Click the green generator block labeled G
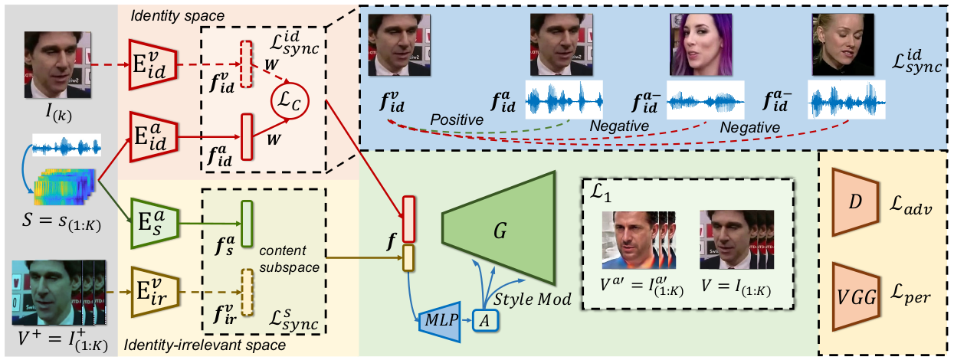(499, 228)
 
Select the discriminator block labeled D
(854, 202)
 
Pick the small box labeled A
(485, 321)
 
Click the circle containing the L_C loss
(290, 101)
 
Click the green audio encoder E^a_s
(155, 224)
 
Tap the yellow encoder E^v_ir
(155, 292)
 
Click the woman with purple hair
(700, 44)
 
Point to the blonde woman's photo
(843, 44)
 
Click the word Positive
(457, 120)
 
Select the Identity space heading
(177, 16)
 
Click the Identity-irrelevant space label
(205, 345)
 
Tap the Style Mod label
(533, 299)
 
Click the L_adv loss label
(910, 205)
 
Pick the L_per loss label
(910, 296)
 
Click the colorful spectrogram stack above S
(64, 187)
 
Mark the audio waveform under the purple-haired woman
(705, 100)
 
